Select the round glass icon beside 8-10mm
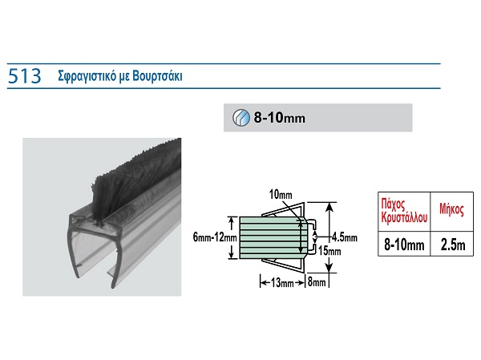click(240, 117)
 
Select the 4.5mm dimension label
click(343, 237)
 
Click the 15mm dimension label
click(329, 251)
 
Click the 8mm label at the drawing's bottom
click(317, 281)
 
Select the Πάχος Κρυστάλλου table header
click(403, 211)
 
